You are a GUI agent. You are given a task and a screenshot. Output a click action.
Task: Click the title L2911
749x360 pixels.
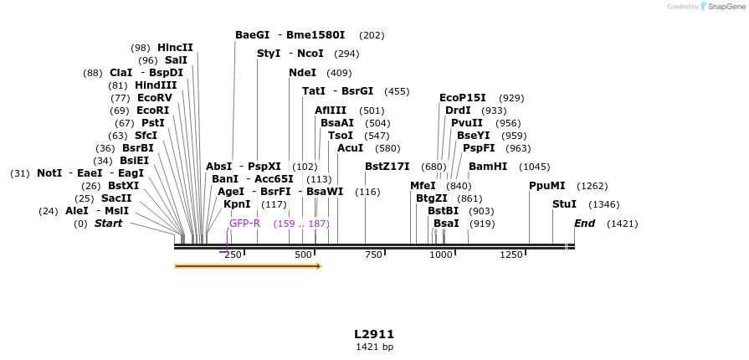(x=374, y=334)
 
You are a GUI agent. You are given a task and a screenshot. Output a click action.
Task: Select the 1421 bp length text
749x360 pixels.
(x=374, y=347)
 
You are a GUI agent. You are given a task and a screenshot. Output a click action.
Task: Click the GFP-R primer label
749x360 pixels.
(x=245, y=224)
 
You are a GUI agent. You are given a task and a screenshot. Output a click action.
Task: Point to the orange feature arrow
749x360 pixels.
(x=248, y=266)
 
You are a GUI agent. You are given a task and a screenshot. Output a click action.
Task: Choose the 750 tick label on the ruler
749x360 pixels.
(x=373, y=255)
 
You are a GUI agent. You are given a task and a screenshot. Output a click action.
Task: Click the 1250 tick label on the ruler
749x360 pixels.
(x=510, y=255)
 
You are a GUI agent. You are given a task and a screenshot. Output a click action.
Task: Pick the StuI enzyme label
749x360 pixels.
(x=564, y=204)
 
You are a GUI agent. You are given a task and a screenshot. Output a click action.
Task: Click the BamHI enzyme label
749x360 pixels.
(x=488, y=167)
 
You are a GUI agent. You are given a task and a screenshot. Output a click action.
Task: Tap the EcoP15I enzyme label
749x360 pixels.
(x=463, y=98)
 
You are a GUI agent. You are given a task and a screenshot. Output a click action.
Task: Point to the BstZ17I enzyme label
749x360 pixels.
(x=387, y=167)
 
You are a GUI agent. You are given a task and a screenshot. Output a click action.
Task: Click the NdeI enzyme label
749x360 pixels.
(x=303, y=73)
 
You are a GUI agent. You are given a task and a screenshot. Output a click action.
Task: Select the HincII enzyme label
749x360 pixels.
(x=175, y=48)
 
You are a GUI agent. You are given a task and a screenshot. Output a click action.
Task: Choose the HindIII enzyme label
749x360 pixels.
(x=156, y=85)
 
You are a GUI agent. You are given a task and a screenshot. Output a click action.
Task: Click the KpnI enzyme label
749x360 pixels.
(x=237, y=204)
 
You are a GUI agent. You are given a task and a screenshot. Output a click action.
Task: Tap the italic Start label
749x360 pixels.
(x=108, y=224)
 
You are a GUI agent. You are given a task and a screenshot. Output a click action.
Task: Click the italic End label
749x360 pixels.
(x=584, y=224)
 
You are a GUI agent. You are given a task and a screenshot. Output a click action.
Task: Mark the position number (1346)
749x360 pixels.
(x=604, y=204)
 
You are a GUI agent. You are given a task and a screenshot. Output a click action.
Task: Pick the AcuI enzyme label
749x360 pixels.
(x=350, y=148)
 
